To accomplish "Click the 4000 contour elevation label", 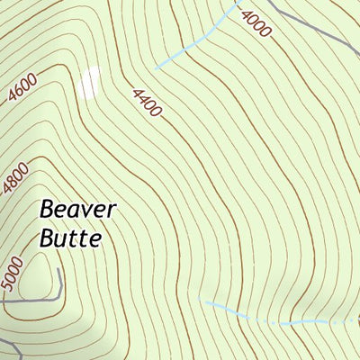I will [x=256, y=23].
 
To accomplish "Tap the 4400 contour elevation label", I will [x=146, y=103].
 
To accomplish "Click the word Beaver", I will [x=78, y=211].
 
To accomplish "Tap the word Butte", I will [x=71, y=238].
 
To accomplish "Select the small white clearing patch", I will [x=88, y=83].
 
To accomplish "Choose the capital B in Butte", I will [x=48, y=238].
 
